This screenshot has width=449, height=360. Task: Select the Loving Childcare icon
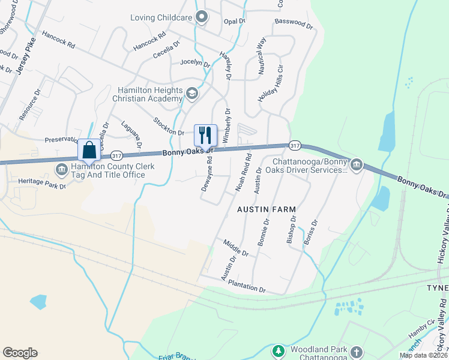[x=202, y=17]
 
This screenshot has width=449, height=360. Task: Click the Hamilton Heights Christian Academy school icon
[x=191, y=94]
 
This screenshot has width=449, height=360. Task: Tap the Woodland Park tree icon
[x=277, y=350]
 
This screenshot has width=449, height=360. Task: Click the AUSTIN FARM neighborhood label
[x=267, y=209]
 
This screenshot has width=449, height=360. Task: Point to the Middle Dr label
[x=235, y=248]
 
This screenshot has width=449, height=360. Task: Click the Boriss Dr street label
[x=310, y=231]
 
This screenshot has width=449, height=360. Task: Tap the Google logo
[x=20, y=353]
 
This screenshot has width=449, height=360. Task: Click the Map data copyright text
[x=423, y=355]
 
